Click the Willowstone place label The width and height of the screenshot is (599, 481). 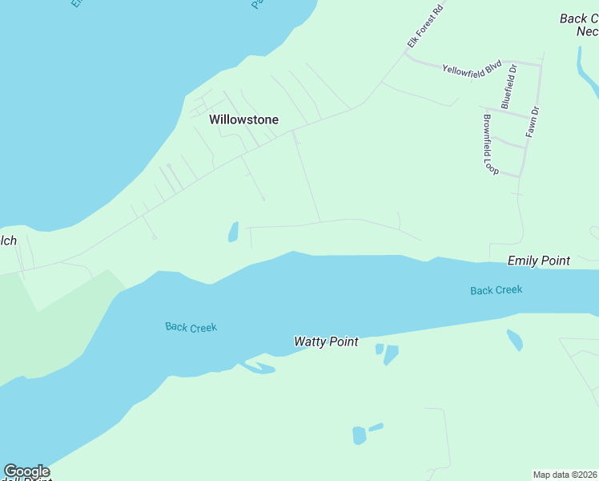coord(243,119)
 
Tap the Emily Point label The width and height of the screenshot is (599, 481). coord(538,261)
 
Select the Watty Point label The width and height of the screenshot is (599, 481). coord(325,342)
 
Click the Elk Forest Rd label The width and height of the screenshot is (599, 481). coord(424,26)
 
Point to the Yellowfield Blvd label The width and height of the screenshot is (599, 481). coord(472,68)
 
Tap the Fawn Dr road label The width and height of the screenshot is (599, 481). coord(533,121)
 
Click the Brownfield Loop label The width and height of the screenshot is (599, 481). coord(489,144)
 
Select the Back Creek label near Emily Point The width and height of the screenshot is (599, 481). coord(496,290)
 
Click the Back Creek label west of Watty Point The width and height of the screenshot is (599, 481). coord(191,327)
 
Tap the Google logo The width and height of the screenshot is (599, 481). coord(26,471)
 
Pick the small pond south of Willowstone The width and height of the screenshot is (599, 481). coord(233,232)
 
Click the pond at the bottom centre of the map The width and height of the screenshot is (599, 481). coord(360,435)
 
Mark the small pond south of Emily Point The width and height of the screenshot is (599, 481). coord(514,340)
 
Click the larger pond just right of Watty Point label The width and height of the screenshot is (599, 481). coord(391,354)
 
